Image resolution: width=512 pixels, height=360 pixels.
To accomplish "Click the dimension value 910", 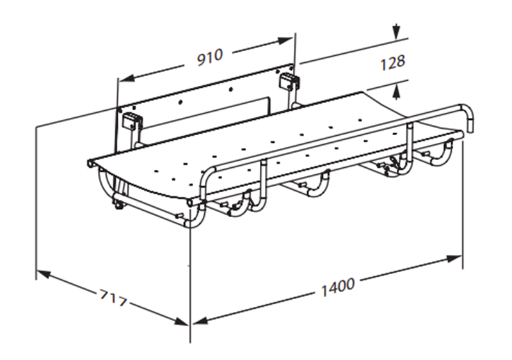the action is (210, 58).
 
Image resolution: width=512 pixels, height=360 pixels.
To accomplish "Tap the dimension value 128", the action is (392, 62).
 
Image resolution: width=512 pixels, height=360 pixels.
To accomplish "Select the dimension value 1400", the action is (338, 287).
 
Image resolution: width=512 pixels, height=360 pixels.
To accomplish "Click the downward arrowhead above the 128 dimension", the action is (396, 31).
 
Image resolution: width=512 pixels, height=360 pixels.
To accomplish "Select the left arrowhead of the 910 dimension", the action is (126, 78).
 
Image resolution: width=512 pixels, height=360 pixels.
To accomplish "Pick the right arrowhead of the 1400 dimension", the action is (454, 259).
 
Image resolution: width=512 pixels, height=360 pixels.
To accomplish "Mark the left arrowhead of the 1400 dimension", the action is (200, 321).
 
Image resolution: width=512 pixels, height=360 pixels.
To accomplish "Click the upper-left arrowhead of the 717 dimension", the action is (44, 274).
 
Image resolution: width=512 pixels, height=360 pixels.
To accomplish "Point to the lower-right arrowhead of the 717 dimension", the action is (180, 321).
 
